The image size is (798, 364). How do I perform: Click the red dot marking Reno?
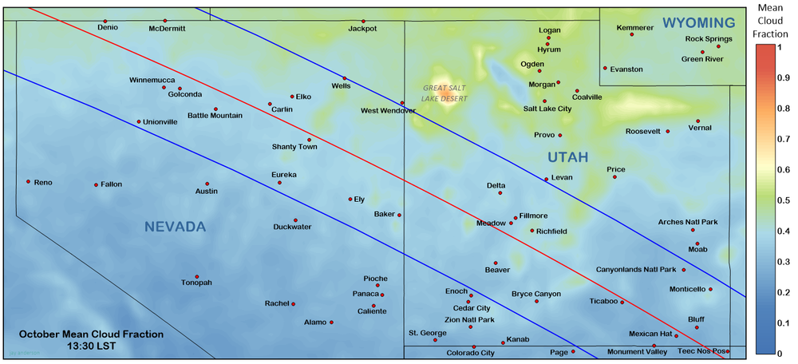point(28,182)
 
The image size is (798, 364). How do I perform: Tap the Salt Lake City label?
point(547,109)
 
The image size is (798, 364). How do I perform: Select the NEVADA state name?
point(175,227)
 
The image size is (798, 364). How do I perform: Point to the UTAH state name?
point(567,158)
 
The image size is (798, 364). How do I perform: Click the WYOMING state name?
point(699,23)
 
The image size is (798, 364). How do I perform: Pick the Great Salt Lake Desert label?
point(445,93)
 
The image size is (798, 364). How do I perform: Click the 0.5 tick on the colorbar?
point(784,200)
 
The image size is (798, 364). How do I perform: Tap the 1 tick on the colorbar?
point(784,47)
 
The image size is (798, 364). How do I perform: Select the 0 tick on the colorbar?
point(784,352)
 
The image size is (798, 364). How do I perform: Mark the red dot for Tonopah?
point(196,277)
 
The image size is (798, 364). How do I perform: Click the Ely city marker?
point(350,199)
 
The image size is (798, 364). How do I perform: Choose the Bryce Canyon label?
point(536,293)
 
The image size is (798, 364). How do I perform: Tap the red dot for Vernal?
point(698,121)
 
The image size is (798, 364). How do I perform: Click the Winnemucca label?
point(153,80)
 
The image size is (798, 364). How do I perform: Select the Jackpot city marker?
point(363,22)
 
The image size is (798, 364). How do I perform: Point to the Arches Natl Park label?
point(688,222)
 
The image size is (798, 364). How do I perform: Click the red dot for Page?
point(573,351)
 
